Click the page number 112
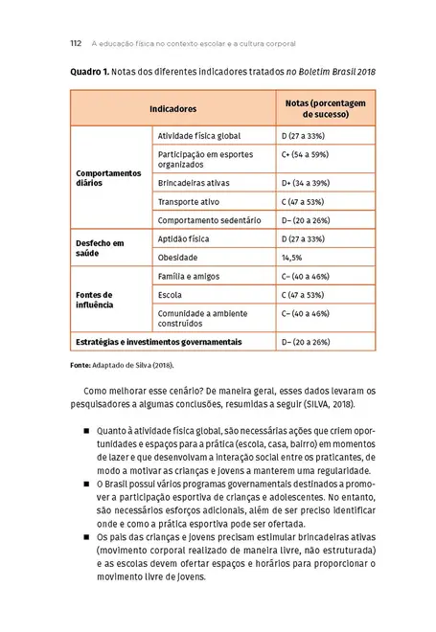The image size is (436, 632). point(77,43)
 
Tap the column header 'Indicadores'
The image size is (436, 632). point(172,109)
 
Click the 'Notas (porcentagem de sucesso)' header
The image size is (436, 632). point(318,109)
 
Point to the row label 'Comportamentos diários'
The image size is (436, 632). point(107,179)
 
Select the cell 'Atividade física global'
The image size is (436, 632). point(201,138)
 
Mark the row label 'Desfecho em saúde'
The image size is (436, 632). point(100,248)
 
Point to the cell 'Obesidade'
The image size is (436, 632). point(178,258)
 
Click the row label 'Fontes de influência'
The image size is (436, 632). point(95,299)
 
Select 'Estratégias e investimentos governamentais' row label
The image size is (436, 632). point(158,342)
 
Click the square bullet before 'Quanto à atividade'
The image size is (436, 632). point(85,432)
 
